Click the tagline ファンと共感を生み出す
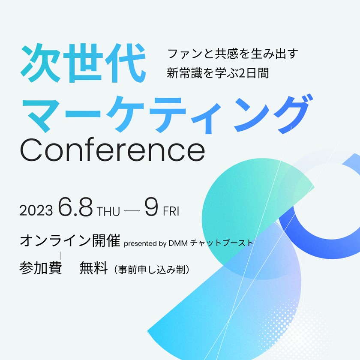[x=232, y=54]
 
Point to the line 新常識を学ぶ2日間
[x=218, y=73]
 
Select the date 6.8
[x=76, y=208]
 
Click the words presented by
[x=145, y=243]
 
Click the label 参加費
[x=41, y=268]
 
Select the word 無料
[x=93, y=268]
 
